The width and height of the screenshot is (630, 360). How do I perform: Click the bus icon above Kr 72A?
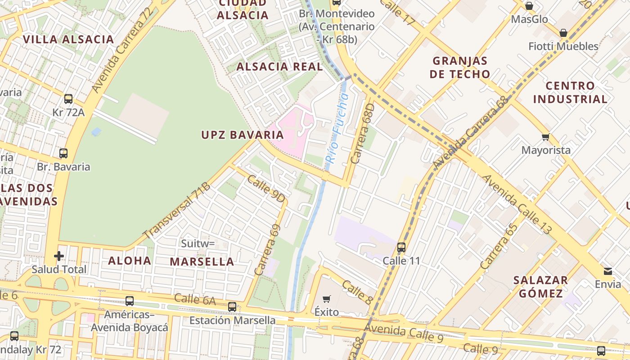point(68,99)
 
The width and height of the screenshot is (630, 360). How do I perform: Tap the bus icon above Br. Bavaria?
point(63,153)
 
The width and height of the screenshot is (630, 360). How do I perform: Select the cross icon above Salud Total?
point(59,256)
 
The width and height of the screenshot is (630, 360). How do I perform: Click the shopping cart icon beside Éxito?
point(327,299)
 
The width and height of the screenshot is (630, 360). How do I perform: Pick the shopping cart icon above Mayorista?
point(546,137)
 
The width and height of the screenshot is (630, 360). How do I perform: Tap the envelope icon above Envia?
point(608,271)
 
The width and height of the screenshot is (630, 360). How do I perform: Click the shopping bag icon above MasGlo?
point(529,6)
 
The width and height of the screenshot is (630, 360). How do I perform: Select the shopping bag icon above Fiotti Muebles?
point(563,33)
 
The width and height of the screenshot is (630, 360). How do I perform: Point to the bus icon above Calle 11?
point(401,247)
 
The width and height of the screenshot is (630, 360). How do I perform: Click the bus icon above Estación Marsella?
point(232,307)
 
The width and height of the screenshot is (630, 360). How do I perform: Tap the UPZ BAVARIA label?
point(243,135)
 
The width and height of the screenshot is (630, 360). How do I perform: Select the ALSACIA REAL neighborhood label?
point(279,67)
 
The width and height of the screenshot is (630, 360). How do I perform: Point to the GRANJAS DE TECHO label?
point(459,67)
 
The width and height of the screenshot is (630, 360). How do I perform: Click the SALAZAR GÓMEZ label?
point(540,287)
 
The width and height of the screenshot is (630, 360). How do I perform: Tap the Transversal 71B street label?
point(177,211)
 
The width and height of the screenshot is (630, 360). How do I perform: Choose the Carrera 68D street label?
point(363,134)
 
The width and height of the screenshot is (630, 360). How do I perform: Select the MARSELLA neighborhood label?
point(202,261)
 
